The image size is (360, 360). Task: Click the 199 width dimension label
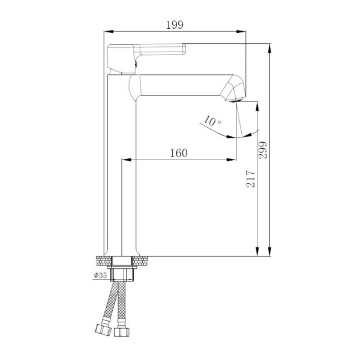coord(175,25)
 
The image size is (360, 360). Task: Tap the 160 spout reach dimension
coord(179,153)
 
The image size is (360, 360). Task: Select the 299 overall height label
coord(263,150)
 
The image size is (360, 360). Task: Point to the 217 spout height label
coord(250,179)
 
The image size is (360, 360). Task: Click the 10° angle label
coord(212,121)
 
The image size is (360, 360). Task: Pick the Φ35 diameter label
coord(101,275)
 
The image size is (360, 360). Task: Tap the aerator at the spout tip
coord(236,100)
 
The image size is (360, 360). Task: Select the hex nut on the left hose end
coord(103,329)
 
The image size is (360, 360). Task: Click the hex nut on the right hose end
coord(122,332)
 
